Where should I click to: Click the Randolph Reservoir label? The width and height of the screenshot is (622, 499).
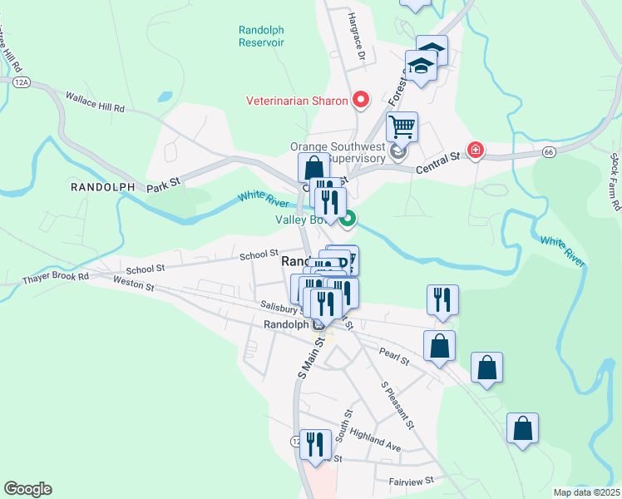pos(261,35)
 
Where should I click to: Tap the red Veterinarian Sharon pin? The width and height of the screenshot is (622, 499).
pos(361,100)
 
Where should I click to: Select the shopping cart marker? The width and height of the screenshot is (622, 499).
pos(402,127)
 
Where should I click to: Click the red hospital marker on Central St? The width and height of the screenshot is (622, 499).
pos(476,151)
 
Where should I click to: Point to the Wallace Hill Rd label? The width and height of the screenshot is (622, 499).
pos(95,101)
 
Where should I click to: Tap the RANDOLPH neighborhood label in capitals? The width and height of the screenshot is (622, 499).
pos(103,187)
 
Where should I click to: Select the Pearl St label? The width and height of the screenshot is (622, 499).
pos(394,356)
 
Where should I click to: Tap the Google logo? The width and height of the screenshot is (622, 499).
pos(27,489)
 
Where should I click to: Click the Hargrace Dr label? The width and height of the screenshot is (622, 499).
pos(357,37)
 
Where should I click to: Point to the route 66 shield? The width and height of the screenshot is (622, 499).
pos(549,152)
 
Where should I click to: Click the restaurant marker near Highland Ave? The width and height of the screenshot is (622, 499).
pos(314,443)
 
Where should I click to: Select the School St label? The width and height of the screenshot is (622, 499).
pos(259,255)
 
